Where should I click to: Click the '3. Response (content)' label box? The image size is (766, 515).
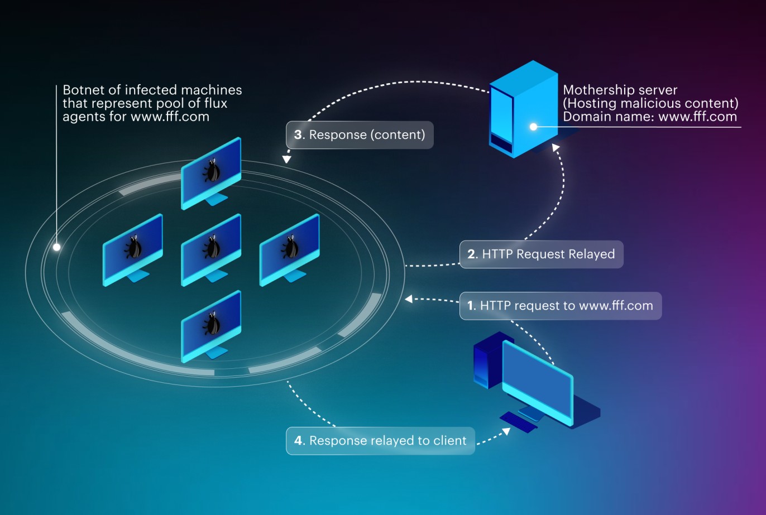click(360, 135)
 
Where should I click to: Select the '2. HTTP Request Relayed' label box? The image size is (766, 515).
click(542, 254)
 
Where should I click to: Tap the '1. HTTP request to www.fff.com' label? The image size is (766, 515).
click(561, 306)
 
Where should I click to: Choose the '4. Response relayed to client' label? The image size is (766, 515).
click(380, 441)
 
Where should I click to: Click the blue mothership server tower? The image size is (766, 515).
click(524, 109)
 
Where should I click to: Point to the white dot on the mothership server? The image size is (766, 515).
click(533, 127)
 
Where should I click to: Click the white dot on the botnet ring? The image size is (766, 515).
click(57, 247)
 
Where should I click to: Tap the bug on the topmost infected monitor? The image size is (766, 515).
click(212, 170)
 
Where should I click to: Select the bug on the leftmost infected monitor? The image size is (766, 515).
click(133, 247)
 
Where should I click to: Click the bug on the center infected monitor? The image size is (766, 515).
click(212, 247)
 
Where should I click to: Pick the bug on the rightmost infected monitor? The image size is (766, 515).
click(290, 247)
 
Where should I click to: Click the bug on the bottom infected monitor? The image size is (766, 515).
click(212, 323)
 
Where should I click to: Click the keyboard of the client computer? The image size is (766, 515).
click(519, 422)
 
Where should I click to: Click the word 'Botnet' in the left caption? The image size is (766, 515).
click(87, 90)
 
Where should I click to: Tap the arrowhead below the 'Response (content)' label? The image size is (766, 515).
click(286, 159)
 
